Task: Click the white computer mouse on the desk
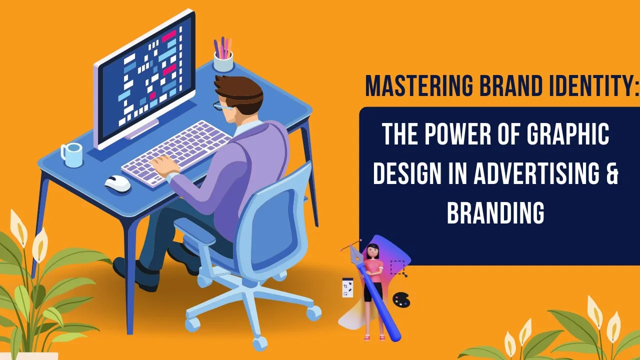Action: (117, 183)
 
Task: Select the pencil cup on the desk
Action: (223, 61)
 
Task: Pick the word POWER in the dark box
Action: (453, 135)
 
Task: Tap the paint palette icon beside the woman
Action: (400, 300)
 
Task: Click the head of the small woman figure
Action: (372, 250)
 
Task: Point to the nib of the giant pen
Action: (355, 252)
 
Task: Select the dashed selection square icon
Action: (397, 267)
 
